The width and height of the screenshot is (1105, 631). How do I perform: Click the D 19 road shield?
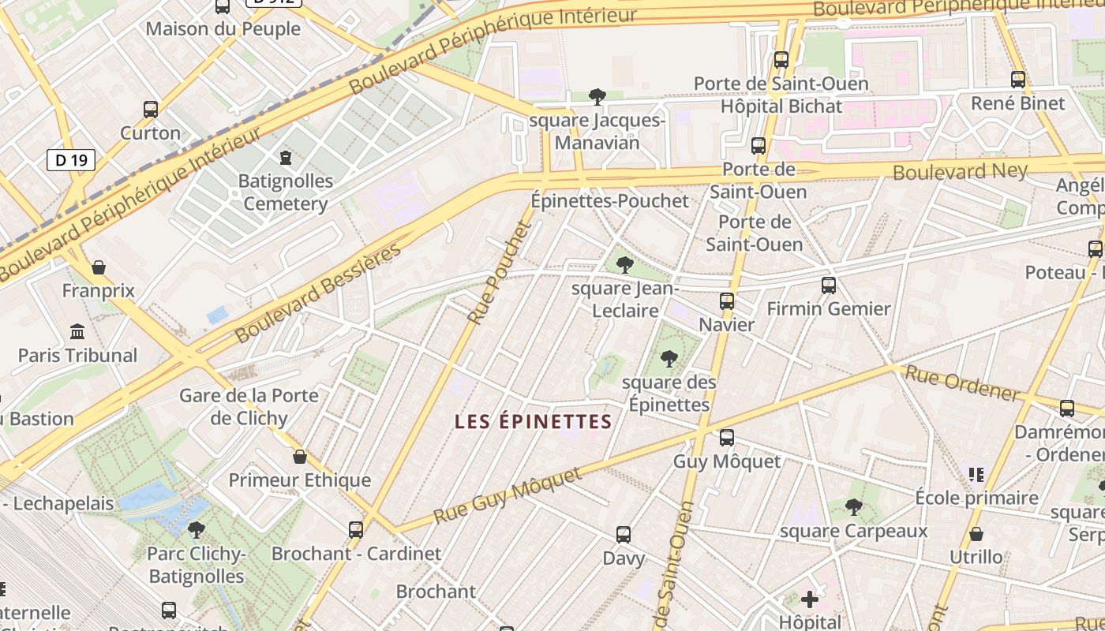point(71,161)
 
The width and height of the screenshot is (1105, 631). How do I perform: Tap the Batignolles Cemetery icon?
point(286,158)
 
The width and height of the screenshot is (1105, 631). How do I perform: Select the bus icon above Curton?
point(151,110)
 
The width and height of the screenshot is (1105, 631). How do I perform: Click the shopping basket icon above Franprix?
point(99,267)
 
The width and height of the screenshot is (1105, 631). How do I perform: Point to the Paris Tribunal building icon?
point(77,331)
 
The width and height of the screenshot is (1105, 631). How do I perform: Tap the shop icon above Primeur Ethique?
point(300,457)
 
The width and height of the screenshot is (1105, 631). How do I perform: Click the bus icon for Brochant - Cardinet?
point(356,529)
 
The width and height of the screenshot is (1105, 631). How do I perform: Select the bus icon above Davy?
point(624,535)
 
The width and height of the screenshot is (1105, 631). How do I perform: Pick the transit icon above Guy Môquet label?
point(727,437)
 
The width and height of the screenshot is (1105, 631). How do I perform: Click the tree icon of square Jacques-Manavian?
point(597,97)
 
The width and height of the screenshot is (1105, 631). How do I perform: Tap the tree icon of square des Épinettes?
point(669,359)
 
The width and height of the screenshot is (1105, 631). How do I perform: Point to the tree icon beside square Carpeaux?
point(853,506)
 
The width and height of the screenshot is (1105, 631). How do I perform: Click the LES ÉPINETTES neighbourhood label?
point(534,422)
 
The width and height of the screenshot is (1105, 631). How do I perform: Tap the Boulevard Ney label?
point(960,171)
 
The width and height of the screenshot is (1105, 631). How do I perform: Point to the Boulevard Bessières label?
point(318,293)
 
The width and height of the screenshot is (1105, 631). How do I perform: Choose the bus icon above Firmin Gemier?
point(829,286)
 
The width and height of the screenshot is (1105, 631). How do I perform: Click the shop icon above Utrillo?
point(976,534)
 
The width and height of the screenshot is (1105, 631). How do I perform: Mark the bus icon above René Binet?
point(1018,80)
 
